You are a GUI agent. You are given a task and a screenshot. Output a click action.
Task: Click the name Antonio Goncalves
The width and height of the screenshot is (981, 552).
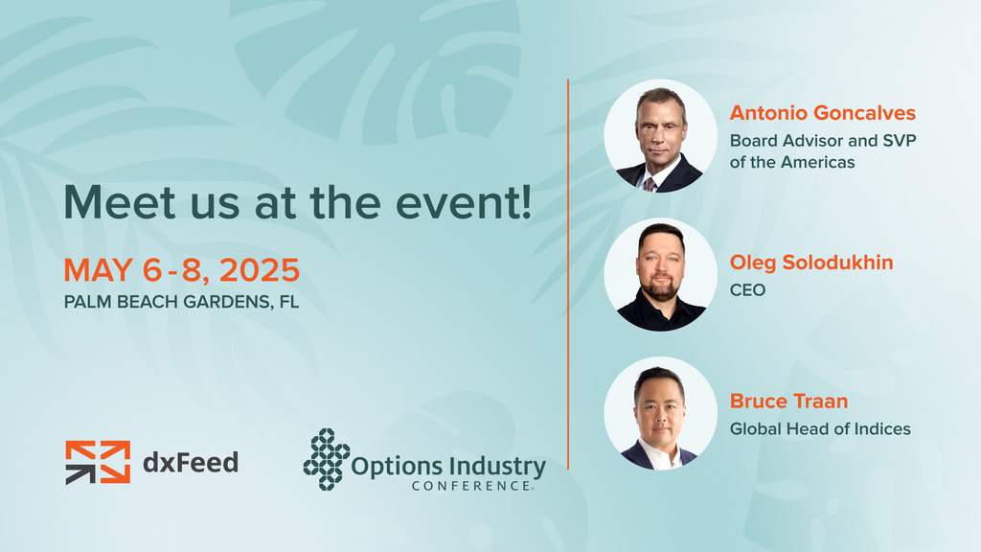click(822, 113)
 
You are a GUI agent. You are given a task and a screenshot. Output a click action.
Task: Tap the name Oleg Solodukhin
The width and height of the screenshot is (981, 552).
click(811, 263)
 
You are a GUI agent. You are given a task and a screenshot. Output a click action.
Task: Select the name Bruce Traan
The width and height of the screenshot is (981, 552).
click(789, 402)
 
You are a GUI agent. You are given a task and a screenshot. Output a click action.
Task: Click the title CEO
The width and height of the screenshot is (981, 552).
click(747, 290)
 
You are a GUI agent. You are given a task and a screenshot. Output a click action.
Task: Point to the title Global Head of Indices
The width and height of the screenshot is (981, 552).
click(820, 428)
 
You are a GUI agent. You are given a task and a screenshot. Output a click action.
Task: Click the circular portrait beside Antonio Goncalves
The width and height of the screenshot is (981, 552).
click(660, 136)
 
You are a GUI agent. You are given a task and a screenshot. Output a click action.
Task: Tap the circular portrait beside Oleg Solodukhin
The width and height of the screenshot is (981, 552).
click(660, 275)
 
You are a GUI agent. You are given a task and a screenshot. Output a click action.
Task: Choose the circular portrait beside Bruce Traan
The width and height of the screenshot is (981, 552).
click(660, 414)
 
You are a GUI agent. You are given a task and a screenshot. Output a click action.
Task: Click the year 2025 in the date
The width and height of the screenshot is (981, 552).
click(260, 270)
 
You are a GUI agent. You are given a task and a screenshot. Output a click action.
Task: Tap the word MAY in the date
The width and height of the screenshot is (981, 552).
click(99, 270)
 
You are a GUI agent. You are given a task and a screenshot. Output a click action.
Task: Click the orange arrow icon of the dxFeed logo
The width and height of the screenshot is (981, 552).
click(99, 463)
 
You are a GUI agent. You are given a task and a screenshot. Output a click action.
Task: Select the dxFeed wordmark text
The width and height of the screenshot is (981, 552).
click(191, 463)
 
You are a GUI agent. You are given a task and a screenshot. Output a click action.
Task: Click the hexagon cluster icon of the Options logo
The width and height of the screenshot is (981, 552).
click(327, 459)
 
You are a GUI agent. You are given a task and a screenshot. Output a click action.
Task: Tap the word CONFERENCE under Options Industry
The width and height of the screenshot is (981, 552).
click(472, 486)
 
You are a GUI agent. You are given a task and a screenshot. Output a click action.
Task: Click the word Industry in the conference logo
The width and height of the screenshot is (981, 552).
click(497, 468)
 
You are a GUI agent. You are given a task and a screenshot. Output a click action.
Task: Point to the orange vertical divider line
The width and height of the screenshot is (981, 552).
click(568, 274)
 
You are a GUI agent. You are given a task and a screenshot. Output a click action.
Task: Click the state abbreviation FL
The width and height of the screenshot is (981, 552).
click(289, 302)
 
